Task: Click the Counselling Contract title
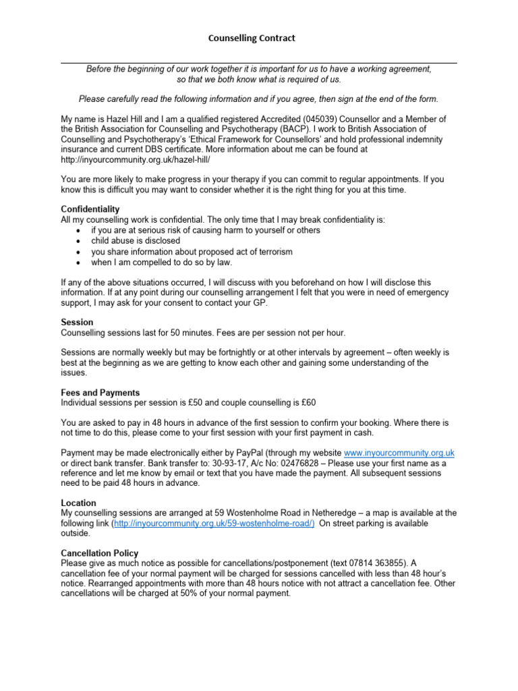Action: pos(251,38)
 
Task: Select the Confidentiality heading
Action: pos(90,209)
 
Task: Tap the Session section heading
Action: pos(77,323)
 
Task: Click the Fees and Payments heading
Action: pos(100,393)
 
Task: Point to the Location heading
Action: pos(78,503)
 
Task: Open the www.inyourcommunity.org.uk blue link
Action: pos(399,453)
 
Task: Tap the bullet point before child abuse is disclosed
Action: pos(80,241)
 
